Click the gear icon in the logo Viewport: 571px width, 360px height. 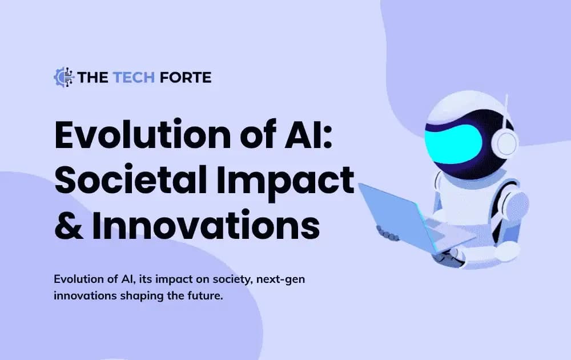[63, 77]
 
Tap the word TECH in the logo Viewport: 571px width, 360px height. [132, 77]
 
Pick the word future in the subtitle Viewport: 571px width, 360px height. [203, 297]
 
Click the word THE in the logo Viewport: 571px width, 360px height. [90, 77]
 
